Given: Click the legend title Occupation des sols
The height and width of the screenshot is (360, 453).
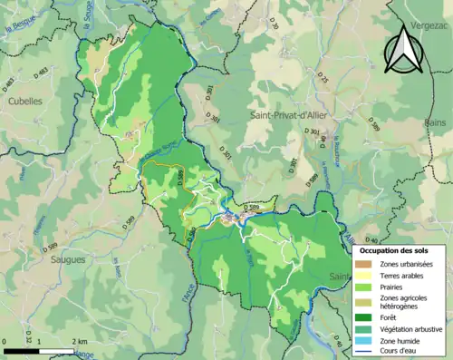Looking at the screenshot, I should coord(394,249).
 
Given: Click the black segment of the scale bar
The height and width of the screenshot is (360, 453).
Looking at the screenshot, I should coord(23,349).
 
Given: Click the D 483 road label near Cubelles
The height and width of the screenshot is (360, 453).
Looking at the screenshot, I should coord(10,85).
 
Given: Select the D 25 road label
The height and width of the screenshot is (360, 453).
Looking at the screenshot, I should coord(322,81).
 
